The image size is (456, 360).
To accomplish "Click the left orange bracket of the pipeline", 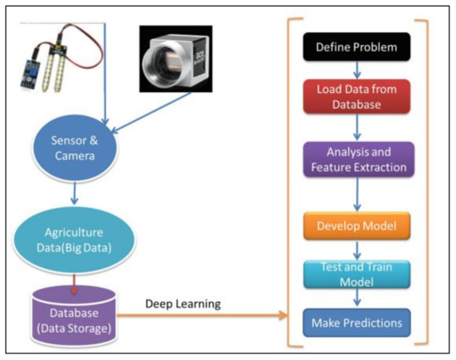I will point(291,182).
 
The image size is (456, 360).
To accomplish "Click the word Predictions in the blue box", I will point(373,321).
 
